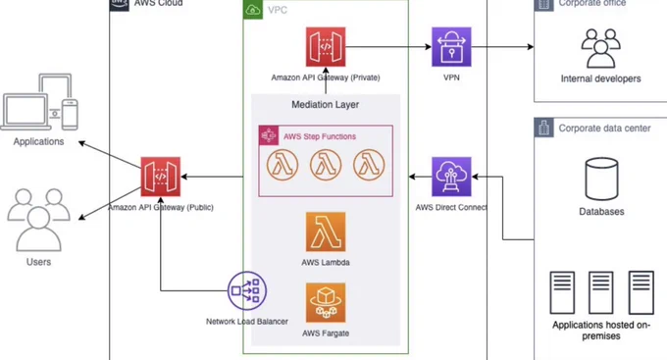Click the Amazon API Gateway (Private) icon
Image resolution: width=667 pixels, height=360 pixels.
point(326,47)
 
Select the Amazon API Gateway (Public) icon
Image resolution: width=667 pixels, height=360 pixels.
point(160,177)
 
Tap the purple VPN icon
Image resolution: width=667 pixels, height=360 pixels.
point(451,47)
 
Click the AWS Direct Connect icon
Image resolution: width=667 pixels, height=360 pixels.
point(451,177)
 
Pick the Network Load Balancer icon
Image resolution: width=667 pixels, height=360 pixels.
point(247,291)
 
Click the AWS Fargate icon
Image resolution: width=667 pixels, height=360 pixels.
point(326,302)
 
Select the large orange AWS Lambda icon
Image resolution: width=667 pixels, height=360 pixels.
point(326,231)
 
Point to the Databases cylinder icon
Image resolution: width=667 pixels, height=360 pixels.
point(601,179)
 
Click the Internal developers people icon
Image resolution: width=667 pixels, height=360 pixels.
point(600,48)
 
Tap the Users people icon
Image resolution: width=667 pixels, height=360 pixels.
point(38,220)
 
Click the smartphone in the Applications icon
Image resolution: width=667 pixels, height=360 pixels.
point(71,115)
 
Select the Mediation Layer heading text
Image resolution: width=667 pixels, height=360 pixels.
point(326,104)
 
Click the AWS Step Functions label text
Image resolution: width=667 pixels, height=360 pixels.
point(320,136)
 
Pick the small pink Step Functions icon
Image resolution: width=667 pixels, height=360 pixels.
point(269,135)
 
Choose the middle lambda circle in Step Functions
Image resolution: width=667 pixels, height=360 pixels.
point(326,165)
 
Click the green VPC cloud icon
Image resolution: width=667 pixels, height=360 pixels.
point(253,10)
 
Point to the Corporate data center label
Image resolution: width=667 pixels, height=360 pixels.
point(604,129)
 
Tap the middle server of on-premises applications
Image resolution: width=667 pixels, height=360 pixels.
point(601,292)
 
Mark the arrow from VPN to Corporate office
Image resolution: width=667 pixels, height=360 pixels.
point(502,47)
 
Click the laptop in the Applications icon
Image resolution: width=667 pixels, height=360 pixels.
point(26,112)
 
